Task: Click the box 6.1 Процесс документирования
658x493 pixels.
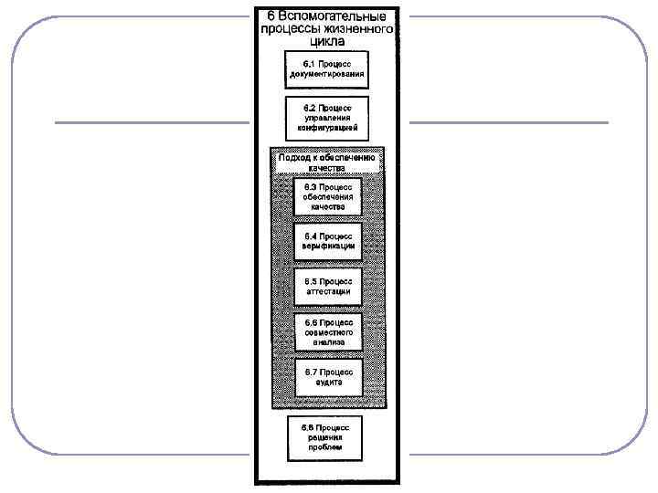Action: click(x=326, y=68)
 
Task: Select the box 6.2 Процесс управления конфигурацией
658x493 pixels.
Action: click(x=326, y=118)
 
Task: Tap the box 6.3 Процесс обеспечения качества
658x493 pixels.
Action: click(x=328, y=196)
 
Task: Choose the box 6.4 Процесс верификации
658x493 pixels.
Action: click(x=328, y=241)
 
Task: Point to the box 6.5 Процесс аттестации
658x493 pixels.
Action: click(x=328, y=286)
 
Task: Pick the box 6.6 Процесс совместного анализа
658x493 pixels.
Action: click(x=328, y=331)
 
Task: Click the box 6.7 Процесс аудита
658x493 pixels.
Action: click(x=328, y=376)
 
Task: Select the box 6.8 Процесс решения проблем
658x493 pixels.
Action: click(x=325, y=436)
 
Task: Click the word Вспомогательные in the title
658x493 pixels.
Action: click(x=332, y=17)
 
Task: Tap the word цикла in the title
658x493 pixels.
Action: click(x=327, y=41)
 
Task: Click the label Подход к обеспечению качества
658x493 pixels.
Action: click(x=327, y=163)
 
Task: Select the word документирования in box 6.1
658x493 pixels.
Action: click(x=327, y=74)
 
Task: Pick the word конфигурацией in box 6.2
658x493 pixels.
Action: click(x=327, y=129)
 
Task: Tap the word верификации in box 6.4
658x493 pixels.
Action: click(x=328, y=246)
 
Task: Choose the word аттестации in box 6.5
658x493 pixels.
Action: click(x=328, y=291)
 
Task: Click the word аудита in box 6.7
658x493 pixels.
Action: click(x=328, y=382)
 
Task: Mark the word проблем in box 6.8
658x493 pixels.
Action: click(x=325, y=447)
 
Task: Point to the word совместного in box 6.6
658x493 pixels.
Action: click(x=328, y=331)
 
